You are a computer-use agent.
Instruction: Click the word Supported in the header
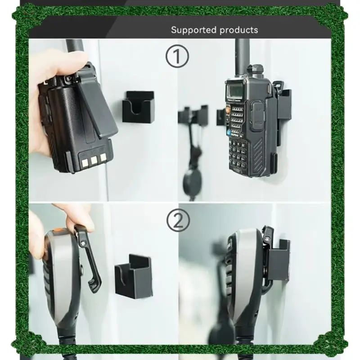pos(193,30)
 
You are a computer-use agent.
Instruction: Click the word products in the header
pos(239,30)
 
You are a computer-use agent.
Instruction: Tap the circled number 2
pos(178,220)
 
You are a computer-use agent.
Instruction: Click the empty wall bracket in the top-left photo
pos(138,107)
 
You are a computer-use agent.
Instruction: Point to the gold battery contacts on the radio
pos(94,158)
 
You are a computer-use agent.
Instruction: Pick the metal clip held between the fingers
pos(90,261)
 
